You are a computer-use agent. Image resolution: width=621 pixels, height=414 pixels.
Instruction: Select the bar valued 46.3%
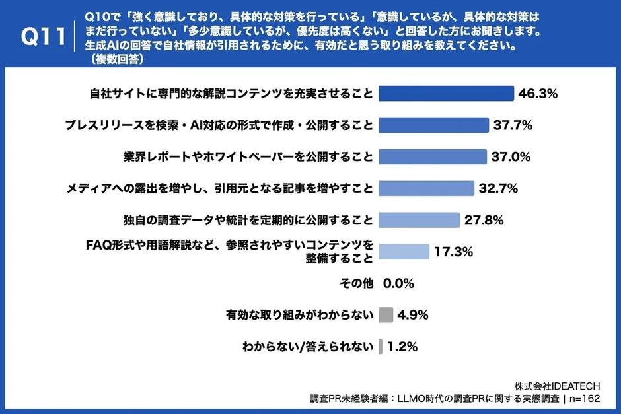tap(447, 93)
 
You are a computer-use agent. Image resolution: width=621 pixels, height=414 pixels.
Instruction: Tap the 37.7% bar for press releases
tap(434, 125)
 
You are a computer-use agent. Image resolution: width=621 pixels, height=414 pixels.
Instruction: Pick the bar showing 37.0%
tap(433, 156)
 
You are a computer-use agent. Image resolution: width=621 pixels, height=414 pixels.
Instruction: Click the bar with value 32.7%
tap(427, 188)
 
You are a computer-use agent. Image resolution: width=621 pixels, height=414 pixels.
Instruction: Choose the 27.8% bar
tap(420, 220)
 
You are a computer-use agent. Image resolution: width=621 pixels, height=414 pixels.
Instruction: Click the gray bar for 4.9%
tap(386, 315)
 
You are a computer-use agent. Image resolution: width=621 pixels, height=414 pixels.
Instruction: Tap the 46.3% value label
tap(538, 93)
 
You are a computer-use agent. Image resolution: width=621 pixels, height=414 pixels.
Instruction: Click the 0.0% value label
tap(398, 283)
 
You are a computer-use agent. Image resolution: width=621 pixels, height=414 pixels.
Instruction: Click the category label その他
tap(356, 283)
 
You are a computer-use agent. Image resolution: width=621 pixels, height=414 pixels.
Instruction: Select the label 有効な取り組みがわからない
tap(299, 315)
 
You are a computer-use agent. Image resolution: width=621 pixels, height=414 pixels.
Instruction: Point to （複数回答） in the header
tap(116, 58)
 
